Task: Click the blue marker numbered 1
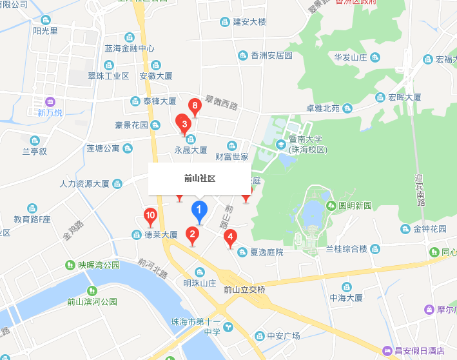tap(199, 210)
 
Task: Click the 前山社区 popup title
tap(199, 178)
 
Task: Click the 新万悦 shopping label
tap(50, 112)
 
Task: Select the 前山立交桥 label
tap(244, 290)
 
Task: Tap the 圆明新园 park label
tap(355, 206)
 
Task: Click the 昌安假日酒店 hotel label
tap(418, 350)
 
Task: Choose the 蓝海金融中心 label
tap(130, 48)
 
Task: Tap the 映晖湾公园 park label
tap(99, 265)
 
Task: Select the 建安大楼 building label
tap(249, 22)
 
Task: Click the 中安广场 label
tap(283, 335)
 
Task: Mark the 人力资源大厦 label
tap(84, 184)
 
